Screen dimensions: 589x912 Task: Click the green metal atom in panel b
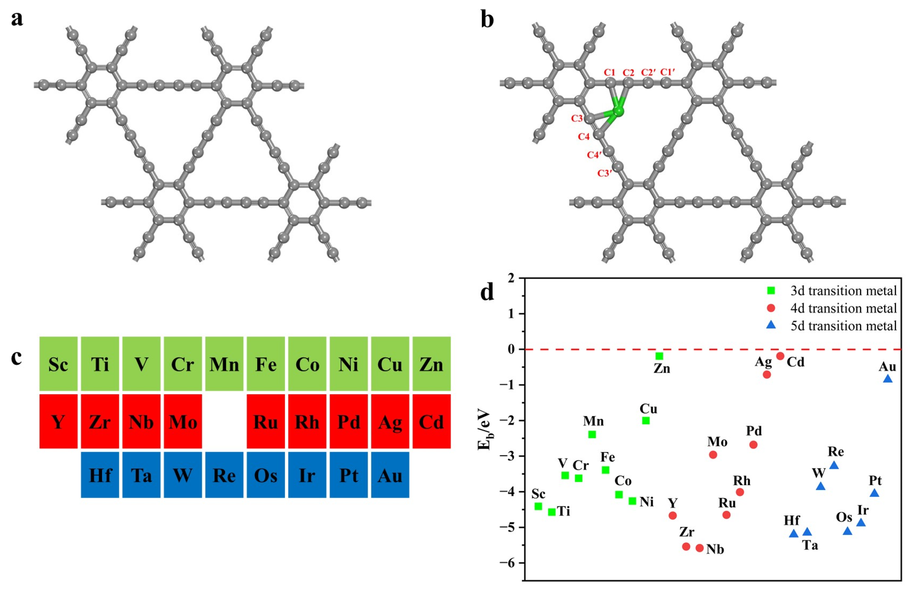[618, 111]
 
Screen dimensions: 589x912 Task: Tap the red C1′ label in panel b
[667, 72]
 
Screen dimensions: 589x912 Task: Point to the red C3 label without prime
[577, 118]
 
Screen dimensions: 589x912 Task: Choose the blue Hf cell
[100, 475]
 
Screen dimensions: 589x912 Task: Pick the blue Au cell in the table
[390, 475]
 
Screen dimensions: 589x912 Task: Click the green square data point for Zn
[659, 356]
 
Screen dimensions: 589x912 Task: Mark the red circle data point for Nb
[699, 548]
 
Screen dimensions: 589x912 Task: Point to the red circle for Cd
[780, 356]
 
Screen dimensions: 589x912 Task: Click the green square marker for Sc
[538, 506]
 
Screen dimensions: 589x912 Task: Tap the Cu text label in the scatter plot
[648, 409]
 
